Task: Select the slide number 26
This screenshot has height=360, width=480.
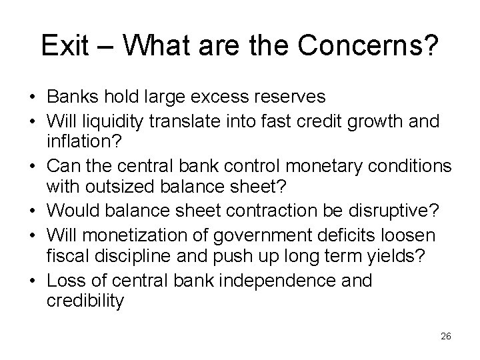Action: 446,337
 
